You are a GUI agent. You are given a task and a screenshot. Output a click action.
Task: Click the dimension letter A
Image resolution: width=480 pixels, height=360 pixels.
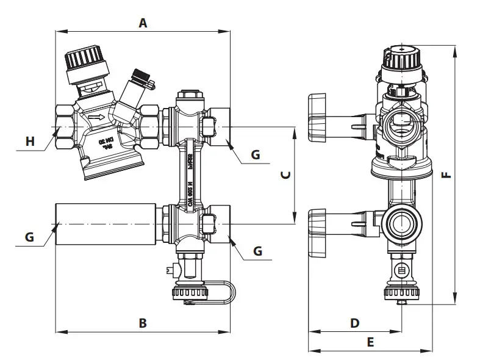tap(143, 23)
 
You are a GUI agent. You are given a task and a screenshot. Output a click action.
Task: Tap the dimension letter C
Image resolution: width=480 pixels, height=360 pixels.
tap(284, 175)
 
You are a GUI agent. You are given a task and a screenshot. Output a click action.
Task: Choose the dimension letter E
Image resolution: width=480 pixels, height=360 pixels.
tap(370, 342)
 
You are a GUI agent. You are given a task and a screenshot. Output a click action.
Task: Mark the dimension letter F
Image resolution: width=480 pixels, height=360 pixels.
tap(446, 175)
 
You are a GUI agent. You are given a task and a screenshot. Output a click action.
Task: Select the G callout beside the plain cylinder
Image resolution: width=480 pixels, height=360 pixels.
tap(29, 237)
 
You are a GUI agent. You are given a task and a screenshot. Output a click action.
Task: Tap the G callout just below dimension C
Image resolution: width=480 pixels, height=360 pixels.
tap(257, 251)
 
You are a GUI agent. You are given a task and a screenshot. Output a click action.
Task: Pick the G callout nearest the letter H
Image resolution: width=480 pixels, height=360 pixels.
tap(256, 155)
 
